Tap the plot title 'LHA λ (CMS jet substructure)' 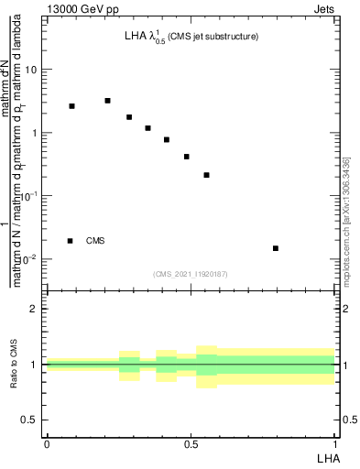[191, 38]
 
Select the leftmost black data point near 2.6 [71, 106]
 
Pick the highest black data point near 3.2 [107, 101]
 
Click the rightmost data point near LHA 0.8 [276, 248]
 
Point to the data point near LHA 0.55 [206, 175]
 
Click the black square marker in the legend [70, 241]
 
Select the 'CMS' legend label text [95, 241]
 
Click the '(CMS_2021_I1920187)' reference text [190, 273]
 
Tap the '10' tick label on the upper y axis [31, 70]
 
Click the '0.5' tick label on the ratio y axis [30, 420]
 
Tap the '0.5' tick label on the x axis [191, 444]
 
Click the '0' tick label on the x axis [47, 444]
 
